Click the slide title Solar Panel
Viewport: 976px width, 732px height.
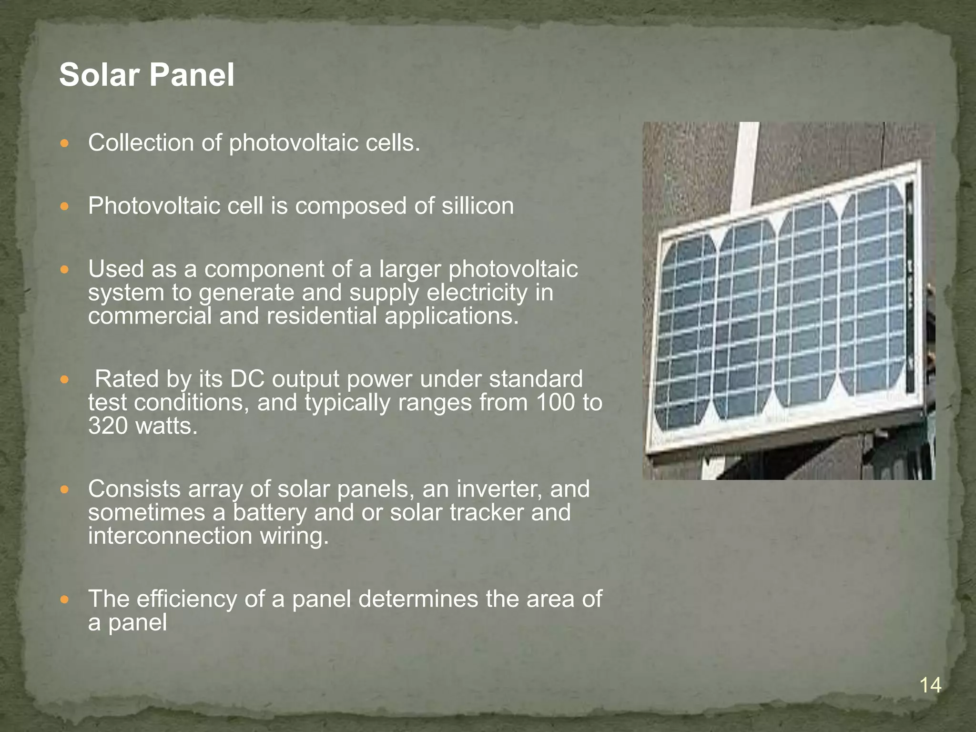pyautogui.click(x=147, y=75)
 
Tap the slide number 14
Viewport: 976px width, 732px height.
pyautogui.click(x=930, y=686)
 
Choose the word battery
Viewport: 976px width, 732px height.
pyautogui.click(x=269, y=512)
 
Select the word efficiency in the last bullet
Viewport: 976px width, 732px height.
pyautogui.click(x=186, y=599)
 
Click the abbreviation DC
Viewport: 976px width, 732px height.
pyautogui.click(x=246, y=379)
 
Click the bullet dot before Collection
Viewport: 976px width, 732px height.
pyautogui.click(x=65, y=143)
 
